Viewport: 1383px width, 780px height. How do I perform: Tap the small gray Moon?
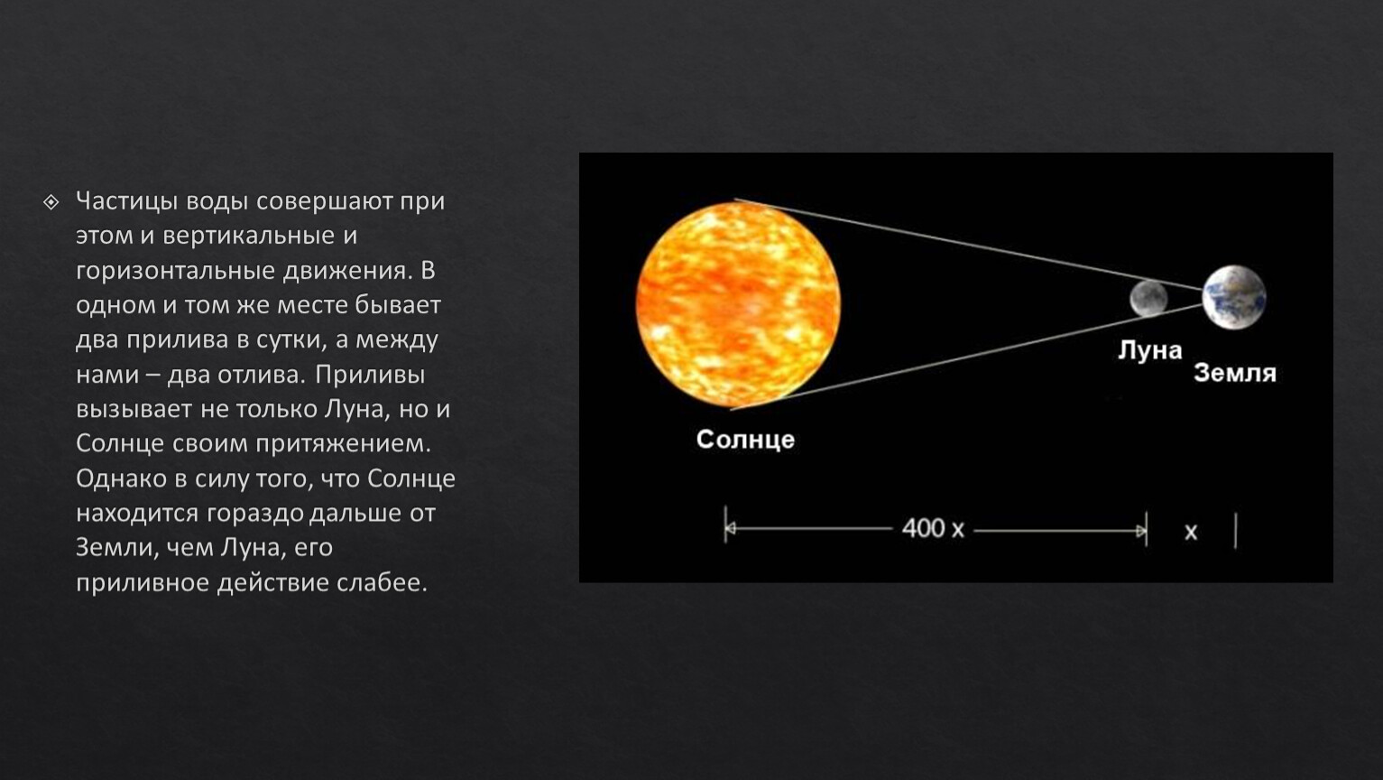click(x=1148, y=299)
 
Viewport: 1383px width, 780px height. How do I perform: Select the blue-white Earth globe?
click(x=1233, y=297)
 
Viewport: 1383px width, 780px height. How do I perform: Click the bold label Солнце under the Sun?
click(x=745, y=440)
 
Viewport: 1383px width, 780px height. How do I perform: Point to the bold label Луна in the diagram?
click(x=1150, y=350)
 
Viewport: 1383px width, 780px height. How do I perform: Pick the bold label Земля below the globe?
click(x=1235, y=373)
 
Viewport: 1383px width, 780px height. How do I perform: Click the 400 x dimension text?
click(x=933, y=528)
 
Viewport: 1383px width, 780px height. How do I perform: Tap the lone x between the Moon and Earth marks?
click(x=1191, y=532)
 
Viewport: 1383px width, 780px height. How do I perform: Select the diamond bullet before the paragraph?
click(x=51, y=202)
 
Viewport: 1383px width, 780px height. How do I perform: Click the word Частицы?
click(x=127, y=201)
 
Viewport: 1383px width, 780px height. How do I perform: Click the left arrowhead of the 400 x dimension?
click(x=731, y=528)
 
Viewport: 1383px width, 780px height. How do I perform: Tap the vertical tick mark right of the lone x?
click(x=1235, y=530)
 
